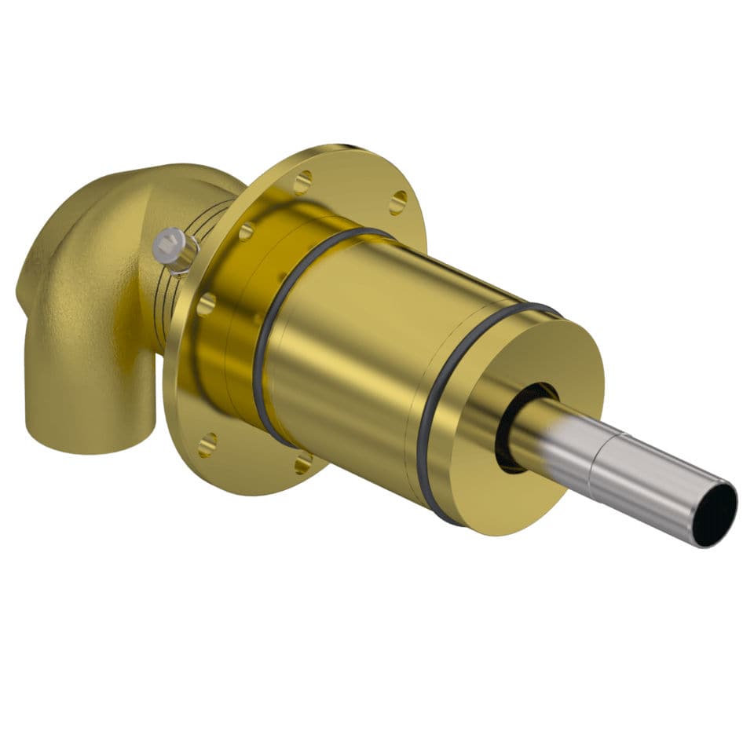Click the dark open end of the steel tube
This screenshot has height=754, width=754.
click(716, 515)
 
